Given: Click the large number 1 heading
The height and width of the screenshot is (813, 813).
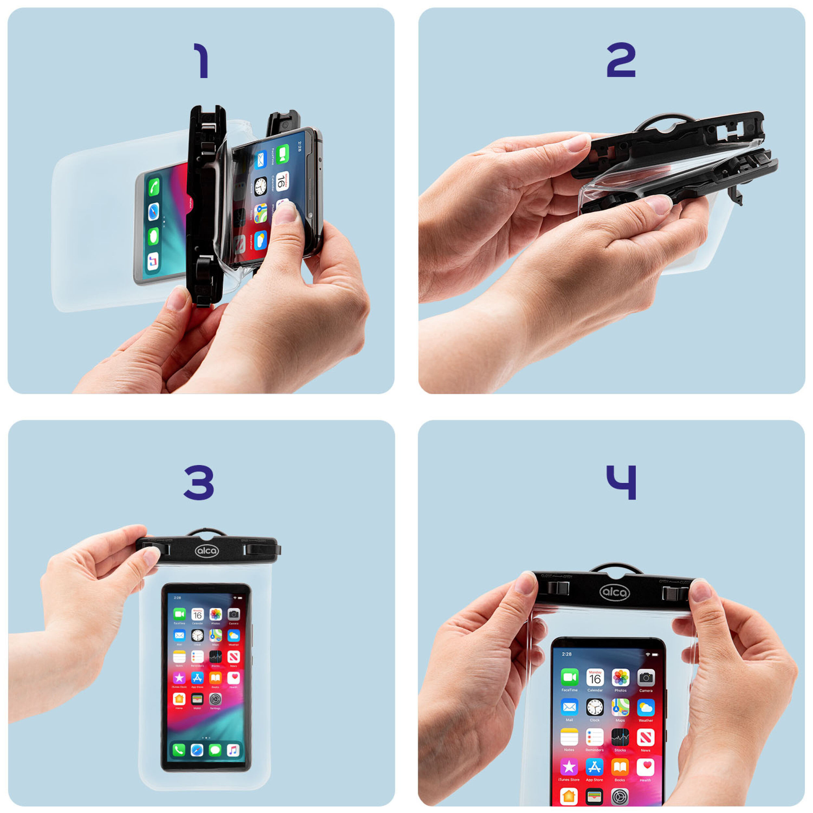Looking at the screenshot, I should (x=202, y=61).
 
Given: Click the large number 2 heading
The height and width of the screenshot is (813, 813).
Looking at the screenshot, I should (x=621, y=60).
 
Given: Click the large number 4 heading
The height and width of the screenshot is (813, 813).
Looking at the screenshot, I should (x=621, y=482).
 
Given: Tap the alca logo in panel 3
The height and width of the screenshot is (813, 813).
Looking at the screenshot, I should (x=207, y=551).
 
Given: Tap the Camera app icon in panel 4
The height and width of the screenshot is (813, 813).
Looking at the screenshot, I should (x=646, y=677).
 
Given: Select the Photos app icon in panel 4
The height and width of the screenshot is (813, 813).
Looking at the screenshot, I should (x=620, y=677).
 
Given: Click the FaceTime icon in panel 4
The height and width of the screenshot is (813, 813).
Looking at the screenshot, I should (x=569, y=677).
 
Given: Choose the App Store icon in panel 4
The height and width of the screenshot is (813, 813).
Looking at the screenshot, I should (x=594, y=767).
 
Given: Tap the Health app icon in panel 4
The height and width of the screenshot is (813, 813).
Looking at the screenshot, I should (x=645, y=767).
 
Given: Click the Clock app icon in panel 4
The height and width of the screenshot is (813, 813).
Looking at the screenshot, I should (x=594, y=707).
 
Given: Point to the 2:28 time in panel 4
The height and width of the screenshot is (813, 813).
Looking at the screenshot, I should (x=566, y=654).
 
